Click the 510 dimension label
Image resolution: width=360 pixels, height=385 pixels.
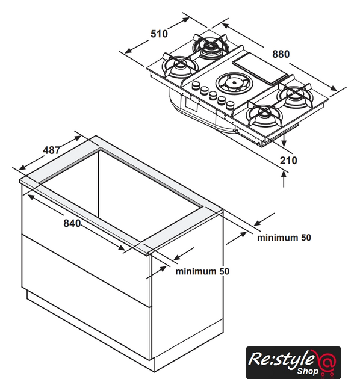pos(159,34)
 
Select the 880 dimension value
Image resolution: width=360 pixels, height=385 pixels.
pos(281,54)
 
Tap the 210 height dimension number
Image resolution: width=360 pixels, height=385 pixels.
pos(288,161)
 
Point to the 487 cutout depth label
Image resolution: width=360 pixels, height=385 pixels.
pos(52,150)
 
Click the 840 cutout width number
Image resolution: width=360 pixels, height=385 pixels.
pos(72,223)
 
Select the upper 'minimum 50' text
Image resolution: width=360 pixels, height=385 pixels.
pos(284,238)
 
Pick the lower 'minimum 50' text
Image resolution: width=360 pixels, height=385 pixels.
pos(202,271)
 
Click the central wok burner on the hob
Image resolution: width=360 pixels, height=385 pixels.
pos(233,82)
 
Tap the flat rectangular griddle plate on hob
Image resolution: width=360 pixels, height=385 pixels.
pos(260,70)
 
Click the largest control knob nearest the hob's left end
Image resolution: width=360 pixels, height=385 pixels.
pos(196,85)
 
